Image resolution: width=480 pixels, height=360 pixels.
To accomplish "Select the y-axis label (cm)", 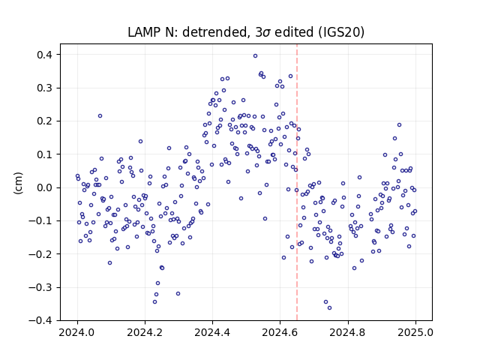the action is (x=18, y=183).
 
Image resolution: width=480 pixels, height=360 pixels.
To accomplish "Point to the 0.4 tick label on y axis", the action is (x=45, y=55).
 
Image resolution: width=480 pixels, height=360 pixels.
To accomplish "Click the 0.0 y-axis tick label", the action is (x=45, y=187).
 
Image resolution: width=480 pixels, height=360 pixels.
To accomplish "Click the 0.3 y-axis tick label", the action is (x=45, y=88).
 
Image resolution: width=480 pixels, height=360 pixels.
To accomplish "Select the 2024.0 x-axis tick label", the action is (x=77, y=332).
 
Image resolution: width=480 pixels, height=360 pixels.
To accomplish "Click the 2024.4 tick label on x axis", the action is (x=212, y=332).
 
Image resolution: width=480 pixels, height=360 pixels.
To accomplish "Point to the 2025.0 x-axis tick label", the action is (x=415, y=332).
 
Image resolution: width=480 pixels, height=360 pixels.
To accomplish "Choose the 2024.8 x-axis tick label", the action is (x=347, y=332).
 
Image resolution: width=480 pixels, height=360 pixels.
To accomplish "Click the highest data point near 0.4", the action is (x=255, y=56).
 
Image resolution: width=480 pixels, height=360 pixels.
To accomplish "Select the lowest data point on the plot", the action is (x=329, y=308).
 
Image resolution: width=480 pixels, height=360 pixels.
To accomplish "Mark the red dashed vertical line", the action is (x=297, y=182).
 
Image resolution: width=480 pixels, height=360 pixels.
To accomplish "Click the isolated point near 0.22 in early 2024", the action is (x=100, y=116).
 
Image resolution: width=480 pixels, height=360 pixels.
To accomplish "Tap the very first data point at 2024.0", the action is (x=77, y=176).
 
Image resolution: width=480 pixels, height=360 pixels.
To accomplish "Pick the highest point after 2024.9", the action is (x=399, y=125).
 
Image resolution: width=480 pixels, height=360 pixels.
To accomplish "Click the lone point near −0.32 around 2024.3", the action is (x=178, y=293).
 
